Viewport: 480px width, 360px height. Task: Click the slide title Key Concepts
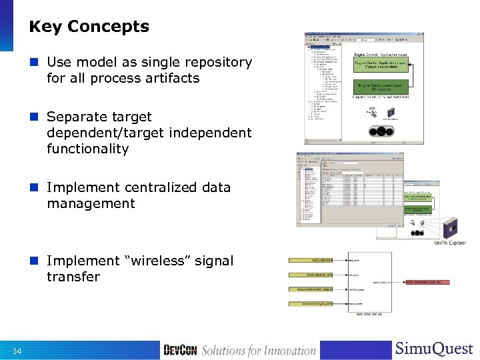coord(89,27)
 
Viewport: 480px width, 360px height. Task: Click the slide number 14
coord(17,351)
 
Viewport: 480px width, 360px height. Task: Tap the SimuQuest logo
coord(434,349)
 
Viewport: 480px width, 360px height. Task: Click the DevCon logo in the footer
coord(180,350)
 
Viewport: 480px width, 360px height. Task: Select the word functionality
coord(87,149)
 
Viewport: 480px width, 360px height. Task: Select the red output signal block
coord(427,282)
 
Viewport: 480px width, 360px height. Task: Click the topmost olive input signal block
coord(310,261)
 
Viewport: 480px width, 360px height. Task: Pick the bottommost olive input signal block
coord(310,304)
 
